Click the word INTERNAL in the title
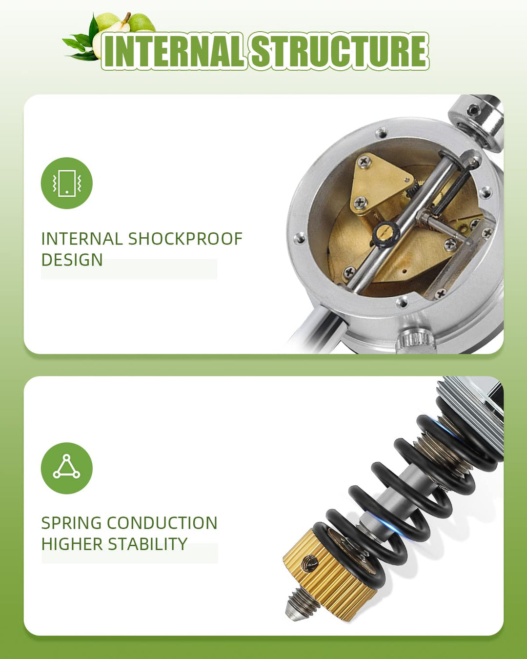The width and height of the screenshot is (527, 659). (175, 51)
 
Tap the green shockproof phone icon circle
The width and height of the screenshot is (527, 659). (66, 183)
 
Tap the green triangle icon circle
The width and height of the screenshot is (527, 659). (66, 468)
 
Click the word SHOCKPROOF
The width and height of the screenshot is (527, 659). (185, 239)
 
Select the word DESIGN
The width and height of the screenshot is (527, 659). (72, 260)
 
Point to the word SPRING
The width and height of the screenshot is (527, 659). (71, 523)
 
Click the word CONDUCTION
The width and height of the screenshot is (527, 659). (162, 523)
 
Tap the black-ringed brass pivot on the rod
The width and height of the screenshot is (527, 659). (386, 234)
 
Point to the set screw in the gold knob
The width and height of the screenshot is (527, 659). (310, 564)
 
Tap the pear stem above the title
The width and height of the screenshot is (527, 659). (126, 19)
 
